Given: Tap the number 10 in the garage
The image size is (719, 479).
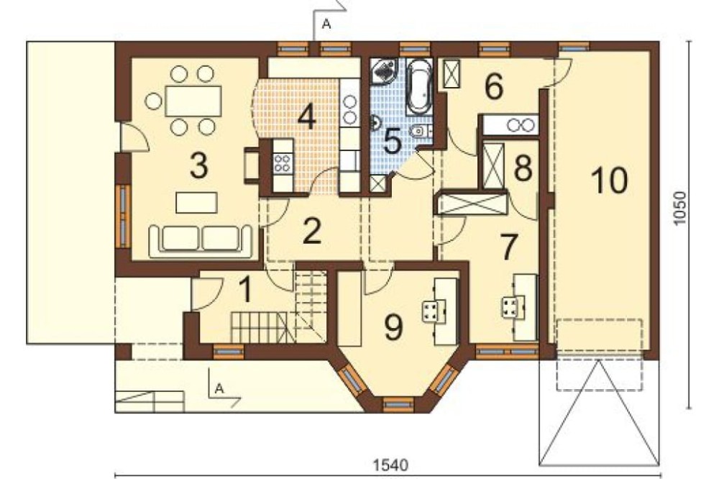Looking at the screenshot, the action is [x=610, y=181].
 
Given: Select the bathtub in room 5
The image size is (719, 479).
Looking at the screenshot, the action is [x=420, y=86].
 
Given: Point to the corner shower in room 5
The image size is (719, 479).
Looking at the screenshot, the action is [x=383, y=70].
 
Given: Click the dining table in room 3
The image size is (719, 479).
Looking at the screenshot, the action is [x=193, y=101].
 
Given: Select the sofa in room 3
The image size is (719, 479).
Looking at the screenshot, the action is [x=201, y=239].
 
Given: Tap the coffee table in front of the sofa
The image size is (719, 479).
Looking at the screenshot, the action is [x=197, y=203].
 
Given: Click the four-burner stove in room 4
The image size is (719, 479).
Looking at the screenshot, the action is [x=282, y=163].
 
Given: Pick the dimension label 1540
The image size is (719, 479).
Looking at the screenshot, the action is [x=390, y=465].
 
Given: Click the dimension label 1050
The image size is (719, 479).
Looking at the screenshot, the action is [x=679, y=208].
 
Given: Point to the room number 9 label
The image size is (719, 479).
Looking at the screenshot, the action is [x=393, y=327].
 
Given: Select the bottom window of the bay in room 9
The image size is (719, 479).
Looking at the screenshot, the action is [x=398, y=405].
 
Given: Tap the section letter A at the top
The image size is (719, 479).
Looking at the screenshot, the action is [x=326, y=24].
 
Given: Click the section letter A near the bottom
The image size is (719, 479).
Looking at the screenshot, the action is [x=219, y=388].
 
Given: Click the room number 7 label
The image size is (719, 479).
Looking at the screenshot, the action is [x=508, y=247].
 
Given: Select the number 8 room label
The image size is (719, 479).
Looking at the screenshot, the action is [x=523, y=168].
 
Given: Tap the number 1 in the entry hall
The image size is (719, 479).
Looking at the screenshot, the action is [x=246, y=291].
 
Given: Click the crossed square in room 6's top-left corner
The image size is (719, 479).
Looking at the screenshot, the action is [x=452, y=74].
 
